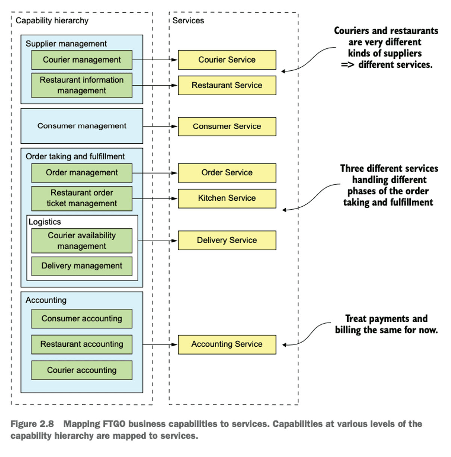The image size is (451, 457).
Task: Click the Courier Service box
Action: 227,60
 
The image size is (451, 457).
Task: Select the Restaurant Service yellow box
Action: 227,85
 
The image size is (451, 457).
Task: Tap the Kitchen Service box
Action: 227,198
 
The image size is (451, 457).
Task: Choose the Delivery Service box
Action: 227,240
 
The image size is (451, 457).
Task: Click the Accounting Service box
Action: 227,344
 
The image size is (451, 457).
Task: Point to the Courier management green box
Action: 82,60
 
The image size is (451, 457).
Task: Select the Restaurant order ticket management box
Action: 82,198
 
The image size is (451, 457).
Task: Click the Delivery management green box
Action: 82,266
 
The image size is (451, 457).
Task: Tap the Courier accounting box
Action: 82,370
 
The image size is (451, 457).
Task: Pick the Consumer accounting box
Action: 82,319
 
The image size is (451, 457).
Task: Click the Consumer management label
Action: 82,126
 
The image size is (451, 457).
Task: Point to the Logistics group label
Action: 45,222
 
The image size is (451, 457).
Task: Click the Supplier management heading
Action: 66,44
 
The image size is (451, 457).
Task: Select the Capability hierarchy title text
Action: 52,21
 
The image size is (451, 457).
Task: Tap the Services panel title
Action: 188,21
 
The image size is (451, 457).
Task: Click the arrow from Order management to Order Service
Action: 155,173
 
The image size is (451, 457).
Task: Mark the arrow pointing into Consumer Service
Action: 160,126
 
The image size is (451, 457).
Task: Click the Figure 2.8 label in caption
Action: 32,424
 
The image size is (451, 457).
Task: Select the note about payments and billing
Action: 386,324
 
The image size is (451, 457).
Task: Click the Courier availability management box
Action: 82,241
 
